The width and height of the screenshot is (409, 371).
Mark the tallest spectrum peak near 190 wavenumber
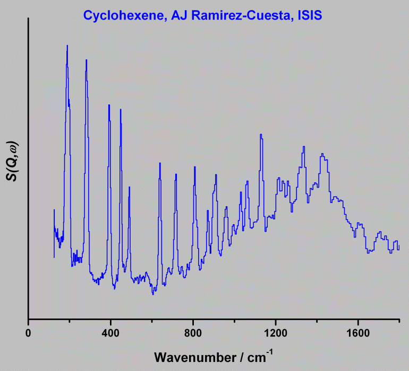[67, 46]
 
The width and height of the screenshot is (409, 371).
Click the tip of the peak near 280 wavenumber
[86, 60]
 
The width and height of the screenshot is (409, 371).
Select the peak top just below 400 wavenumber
[109, 105]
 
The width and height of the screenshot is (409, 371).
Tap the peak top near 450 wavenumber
[121, 110]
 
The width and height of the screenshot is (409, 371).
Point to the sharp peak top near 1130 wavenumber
[260, 135]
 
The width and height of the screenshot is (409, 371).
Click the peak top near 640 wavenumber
[159, 163]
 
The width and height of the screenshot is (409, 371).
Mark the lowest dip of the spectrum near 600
[153, 294]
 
